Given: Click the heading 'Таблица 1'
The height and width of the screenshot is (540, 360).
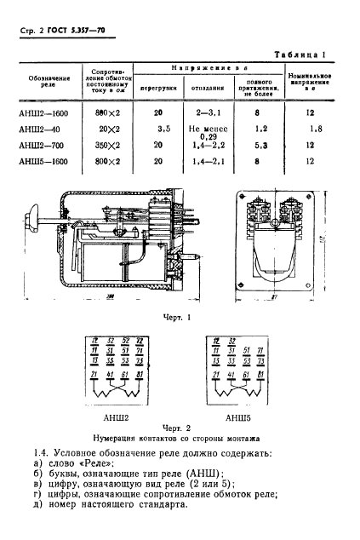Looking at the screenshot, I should [x=311, y=53].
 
